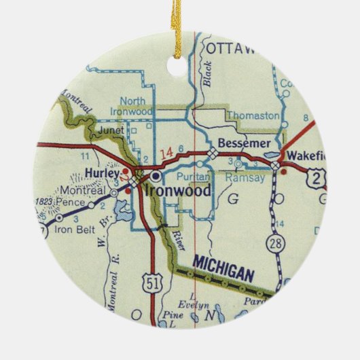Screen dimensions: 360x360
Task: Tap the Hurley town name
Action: pos(103,174)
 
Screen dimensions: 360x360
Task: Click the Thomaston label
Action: pos(253,115)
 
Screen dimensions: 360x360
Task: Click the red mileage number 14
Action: pos(166,153)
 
